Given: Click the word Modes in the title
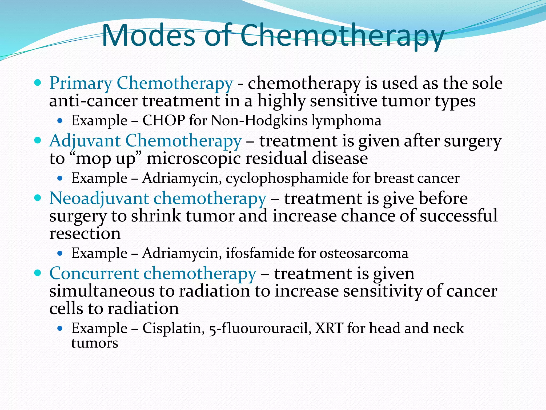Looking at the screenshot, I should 148,36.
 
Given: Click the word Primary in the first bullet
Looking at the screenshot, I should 81,83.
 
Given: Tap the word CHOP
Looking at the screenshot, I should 164,121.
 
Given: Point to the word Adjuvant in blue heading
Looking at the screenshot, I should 85,141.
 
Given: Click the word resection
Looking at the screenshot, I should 85,234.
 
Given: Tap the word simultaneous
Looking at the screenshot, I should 102,291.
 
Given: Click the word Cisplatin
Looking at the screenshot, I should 173,328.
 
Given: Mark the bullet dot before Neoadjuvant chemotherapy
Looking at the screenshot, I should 38,198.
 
